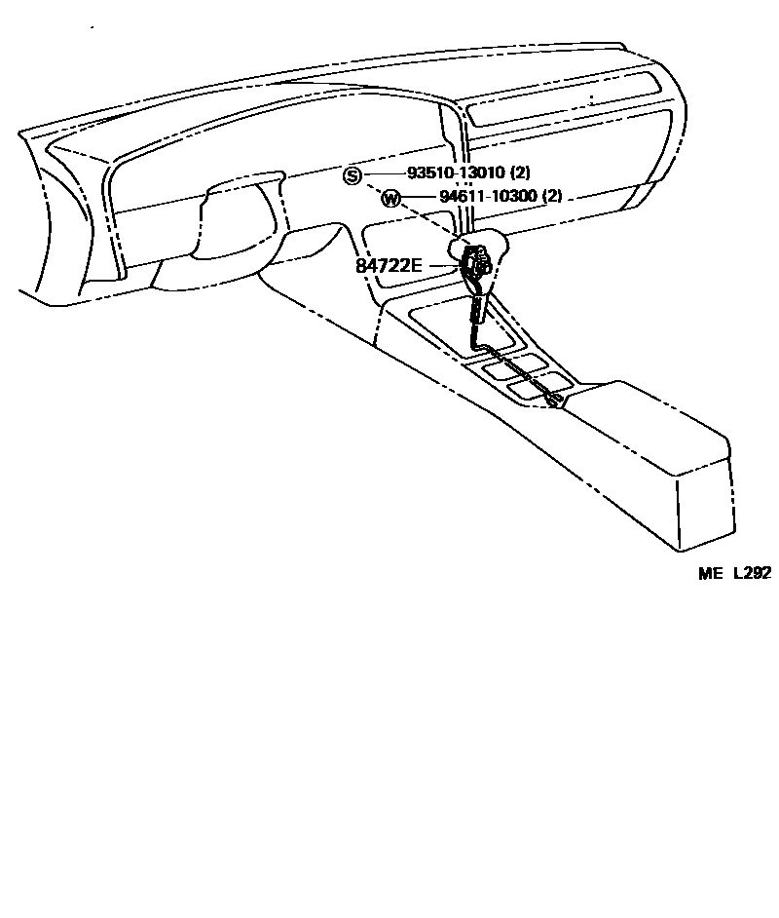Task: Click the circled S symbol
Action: pyautogui.click(x=352, y=175)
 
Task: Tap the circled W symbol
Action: pyautogui.click(x=390, y=199)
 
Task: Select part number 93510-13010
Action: pyautogui.click(x=454, y=173)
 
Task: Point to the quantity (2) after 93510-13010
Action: pyautogui.click(x=521, y=173)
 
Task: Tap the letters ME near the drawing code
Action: pyautogui.click(x=710, y=574)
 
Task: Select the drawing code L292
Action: pyautogui.click(x=752, y=574)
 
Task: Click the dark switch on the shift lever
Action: pyautogui.click(x=477, y=264)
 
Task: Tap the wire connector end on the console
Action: pyautogui.click(x=552, y=399)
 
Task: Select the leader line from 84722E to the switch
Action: pyautogui.click(x=443, y=264)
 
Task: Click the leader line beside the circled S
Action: pyautogui.click(x=383, y=174)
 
